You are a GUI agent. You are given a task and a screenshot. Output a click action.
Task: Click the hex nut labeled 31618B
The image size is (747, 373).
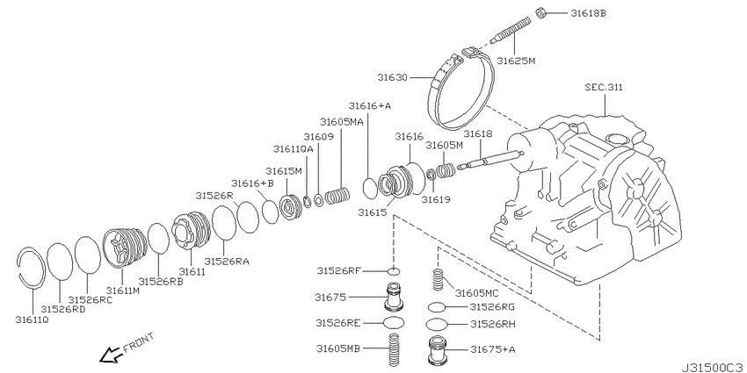[540, 13]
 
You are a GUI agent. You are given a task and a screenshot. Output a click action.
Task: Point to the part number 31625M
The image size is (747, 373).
[516, 61]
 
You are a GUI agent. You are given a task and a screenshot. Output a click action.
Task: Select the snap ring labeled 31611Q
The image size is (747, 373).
[31, 268]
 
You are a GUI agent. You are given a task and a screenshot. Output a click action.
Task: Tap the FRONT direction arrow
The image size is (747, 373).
[111, 355]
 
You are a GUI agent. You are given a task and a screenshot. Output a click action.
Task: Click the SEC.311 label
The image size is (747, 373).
[604, 88]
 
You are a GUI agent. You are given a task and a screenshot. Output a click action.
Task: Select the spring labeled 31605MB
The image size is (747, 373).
[394, 350]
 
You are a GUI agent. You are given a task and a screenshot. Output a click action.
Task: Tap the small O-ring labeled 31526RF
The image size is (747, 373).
[394, 271]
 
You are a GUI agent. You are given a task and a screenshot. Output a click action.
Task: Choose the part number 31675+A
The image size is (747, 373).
[493, 349]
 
